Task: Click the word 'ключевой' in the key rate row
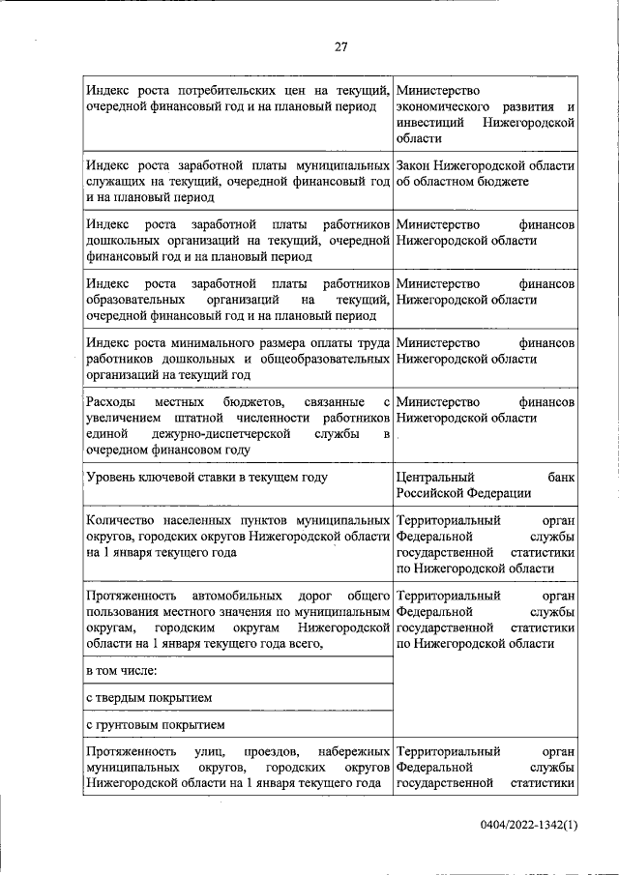pos(174,478)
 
